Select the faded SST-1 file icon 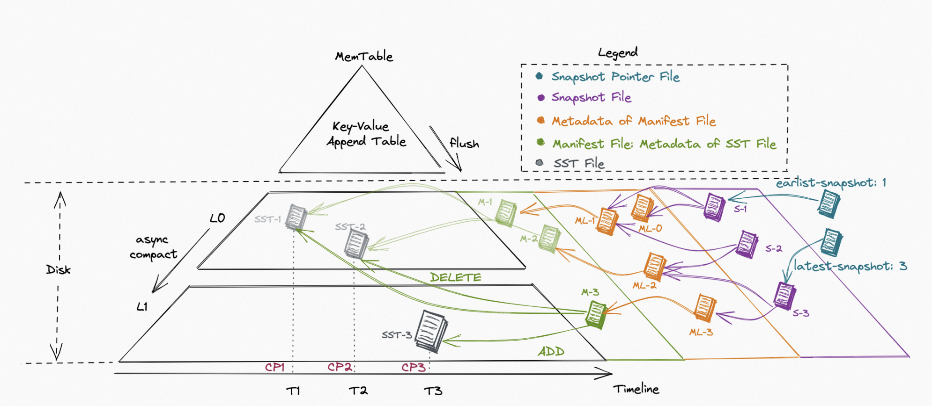[296, 217]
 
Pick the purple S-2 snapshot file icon [747, 244]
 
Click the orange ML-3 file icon [704, 308]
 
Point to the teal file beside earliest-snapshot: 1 [828, 203]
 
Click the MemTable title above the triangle [364, 57]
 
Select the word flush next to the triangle [464, 143]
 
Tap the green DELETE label [455, 277]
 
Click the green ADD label [551, 351]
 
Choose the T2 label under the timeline [358, 391]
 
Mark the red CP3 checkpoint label [413, 367]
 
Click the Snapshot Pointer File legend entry [615, 77]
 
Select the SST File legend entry [579, 163]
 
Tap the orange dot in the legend [540, 120]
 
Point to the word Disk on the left [58, 269]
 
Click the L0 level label [217, 218]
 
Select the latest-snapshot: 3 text [850, 266]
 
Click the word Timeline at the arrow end [636, 389]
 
